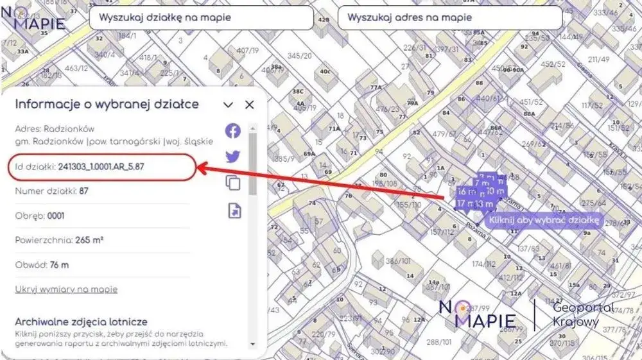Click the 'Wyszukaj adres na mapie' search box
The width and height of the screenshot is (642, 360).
tap(449, 18)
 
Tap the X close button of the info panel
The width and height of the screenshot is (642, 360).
tap(250, 105)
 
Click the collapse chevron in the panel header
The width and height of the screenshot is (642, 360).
tap(228, 105)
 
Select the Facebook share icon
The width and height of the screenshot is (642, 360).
tap(233, 131)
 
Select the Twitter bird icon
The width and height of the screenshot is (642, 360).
tap(233, 157)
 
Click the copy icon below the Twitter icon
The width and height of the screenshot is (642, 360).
tap(233, 183)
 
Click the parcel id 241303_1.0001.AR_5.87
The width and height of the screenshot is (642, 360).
tap(101, 167)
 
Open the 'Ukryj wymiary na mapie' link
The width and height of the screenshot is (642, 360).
tap(66, 289)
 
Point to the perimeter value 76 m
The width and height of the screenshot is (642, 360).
tap(60, 264)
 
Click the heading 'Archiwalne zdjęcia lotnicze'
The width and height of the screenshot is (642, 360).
tap(82, 321)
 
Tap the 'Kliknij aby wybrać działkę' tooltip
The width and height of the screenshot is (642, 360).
tap(543, 221)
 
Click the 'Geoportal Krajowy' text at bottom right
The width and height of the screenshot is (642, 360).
tap(583, 314)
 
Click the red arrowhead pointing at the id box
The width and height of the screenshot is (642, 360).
tap(200, 168)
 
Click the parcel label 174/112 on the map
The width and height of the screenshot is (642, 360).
tap(483, 264)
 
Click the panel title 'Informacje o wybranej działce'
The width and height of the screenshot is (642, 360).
tap(107, 104)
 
